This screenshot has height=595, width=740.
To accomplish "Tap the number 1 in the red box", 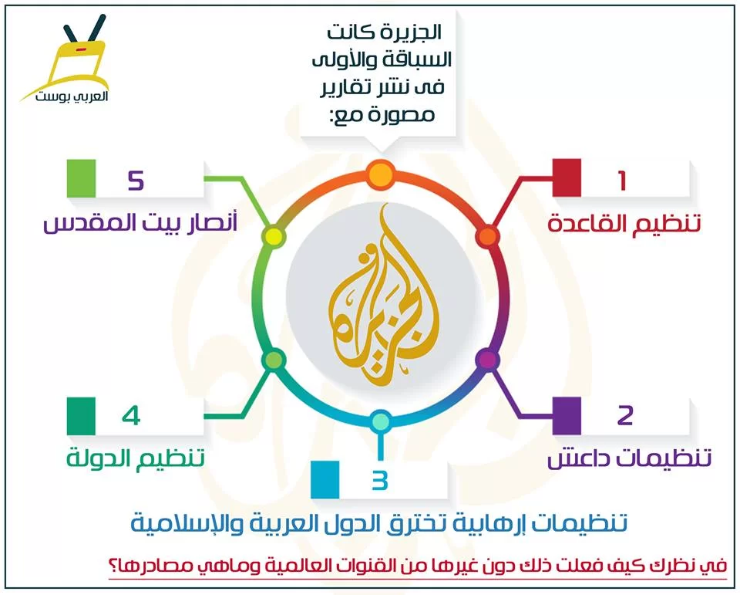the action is tap(623, 180).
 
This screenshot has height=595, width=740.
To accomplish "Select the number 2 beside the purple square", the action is tap(625, 415).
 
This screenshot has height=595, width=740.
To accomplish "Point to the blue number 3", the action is tap(379, 480).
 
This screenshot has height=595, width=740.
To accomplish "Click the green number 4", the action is tap(131, 416).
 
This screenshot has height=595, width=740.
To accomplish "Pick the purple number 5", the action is tap(136, 180).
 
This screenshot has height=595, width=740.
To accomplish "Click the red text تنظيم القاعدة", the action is tap(624, 222).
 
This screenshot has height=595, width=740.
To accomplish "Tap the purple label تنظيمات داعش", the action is tap(629, 458).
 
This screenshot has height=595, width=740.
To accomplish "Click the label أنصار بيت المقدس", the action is tap(140, 222).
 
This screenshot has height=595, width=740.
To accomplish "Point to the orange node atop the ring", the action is tap(380, 175).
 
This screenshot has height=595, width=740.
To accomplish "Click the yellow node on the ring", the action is tap(273, 236).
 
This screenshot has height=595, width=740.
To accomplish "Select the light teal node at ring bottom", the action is tap(380, 421).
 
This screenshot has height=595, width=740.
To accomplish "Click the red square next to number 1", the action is tap(567, 177).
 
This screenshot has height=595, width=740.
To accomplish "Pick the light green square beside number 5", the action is tap(81, 178).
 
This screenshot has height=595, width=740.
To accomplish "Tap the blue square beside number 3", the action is tap(325, 479).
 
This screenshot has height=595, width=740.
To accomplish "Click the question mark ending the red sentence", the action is tap(444, 565).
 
